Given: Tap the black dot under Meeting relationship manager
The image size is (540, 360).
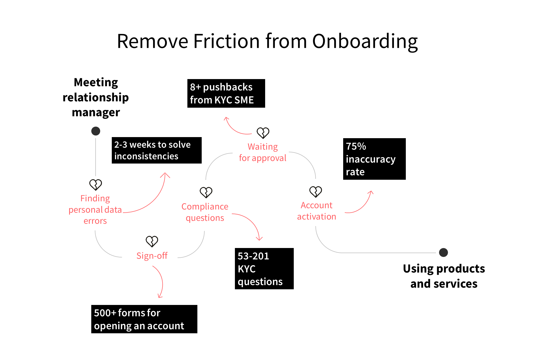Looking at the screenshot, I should coord(96,131).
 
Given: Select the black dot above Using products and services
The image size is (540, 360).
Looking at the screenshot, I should coord(443,253).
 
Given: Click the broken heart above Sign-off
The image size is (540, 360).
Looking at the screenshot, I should coord(152,241).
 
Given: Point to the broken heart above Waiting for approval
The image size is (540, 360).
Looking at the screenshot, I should coord(263,133).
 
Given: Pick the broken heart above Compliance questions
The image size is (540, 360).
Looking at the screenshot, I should coord(206,192).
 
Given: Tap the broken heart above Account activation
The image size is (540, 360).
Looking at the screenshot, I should coord(316,192).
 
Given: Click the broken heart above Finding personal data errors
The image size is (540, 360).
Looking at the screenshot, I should coord(96,185).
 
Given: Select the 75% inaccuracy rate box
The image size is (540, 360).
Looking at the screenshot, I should coord(374,159).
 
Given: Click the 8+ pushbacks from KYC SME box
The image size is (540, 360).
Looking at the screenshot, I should coord(226,93).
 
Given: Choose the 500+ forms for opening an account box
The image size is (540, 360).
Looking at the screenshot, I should coord(144,319).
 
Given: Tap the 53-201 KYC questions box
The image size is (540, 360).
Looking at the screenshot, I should coord(264,269).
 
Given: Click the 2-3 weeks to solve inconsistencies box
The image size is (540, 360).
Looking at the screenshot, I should coord(157,150).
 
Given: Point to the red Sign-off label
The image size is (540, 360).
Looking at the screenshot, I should coord(152,256).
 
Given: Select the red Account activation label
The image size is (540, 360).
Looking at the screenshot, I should coord(316,211).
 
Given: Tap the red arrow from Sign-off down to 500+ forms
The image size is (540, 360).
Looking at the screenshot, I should coord(161,282).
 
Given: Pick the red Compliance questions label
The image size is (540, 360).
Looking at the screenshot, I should coord(205,212).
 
